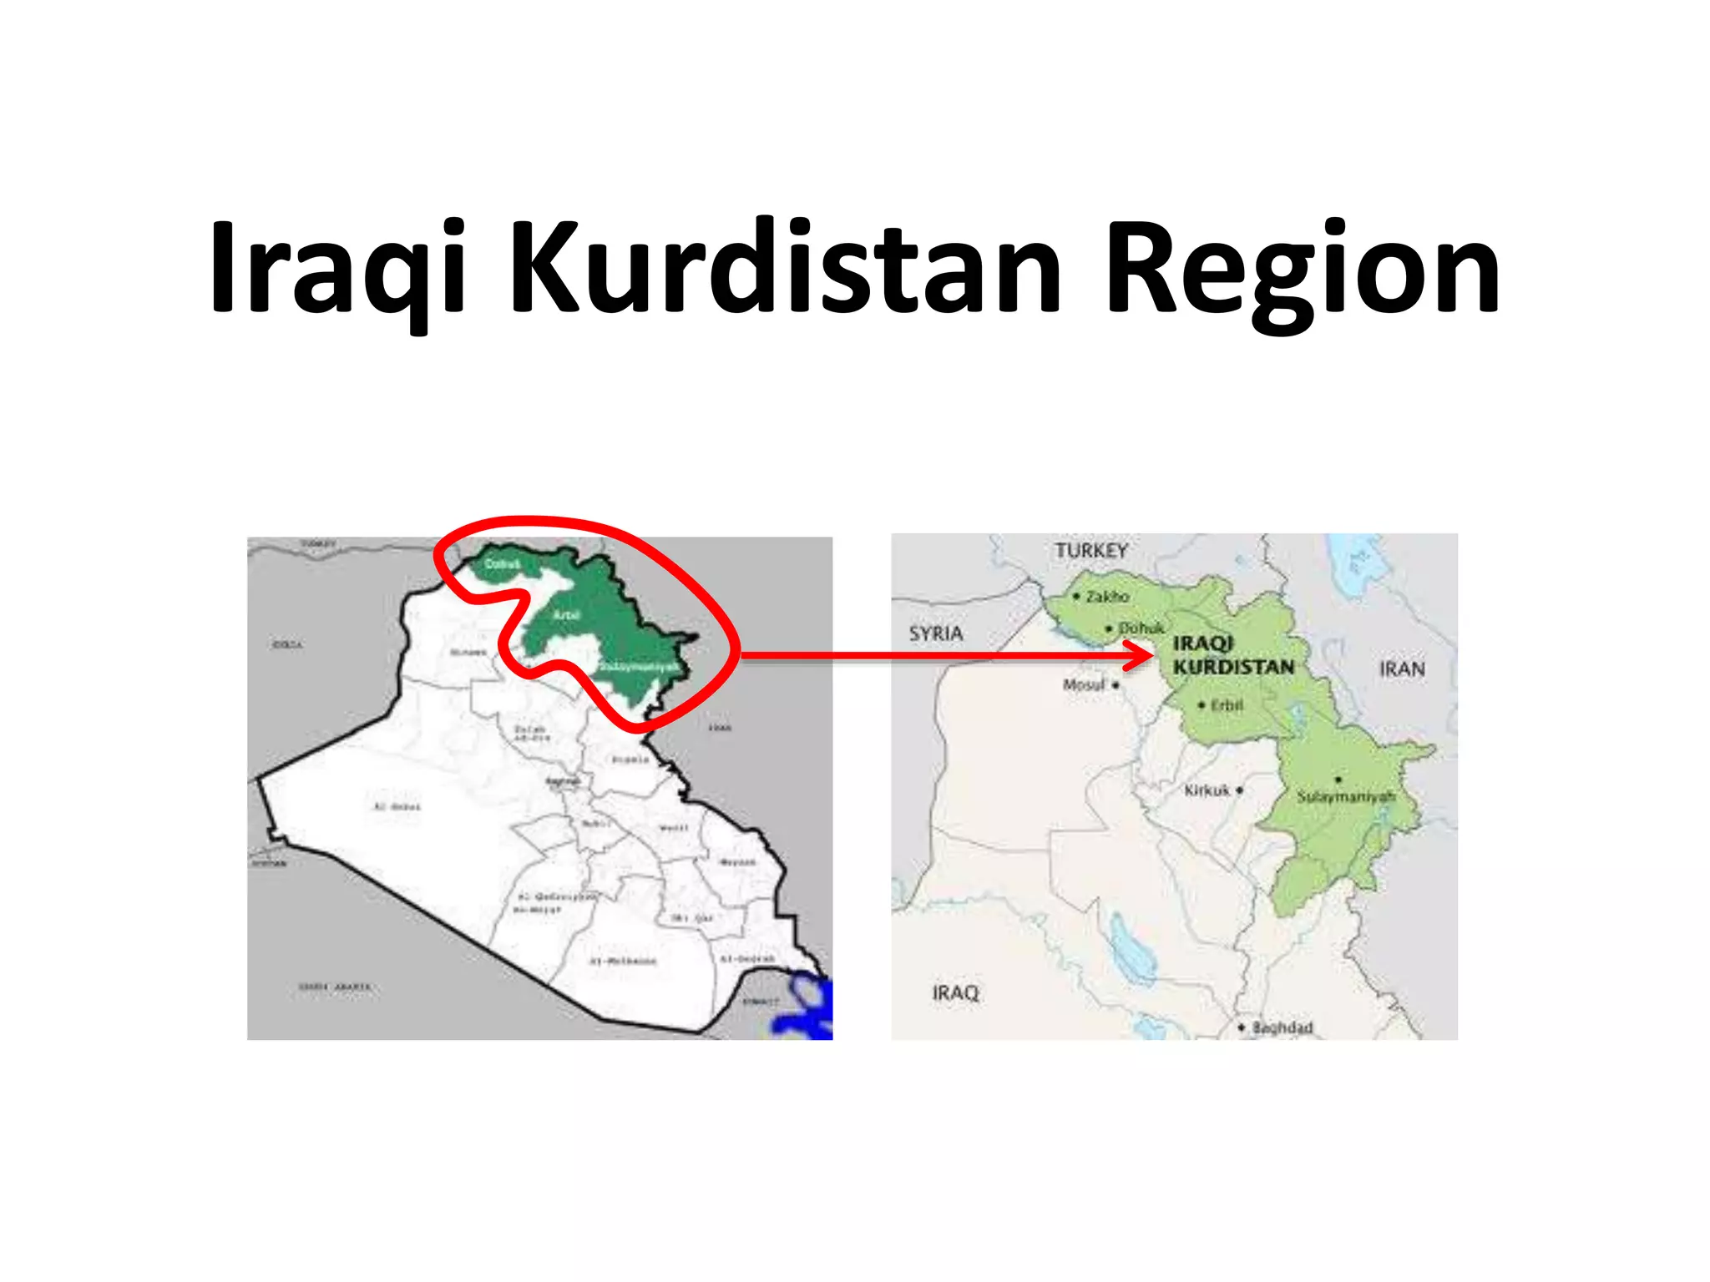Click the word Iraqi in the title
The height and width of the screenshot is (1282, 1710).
(x=337, y=269)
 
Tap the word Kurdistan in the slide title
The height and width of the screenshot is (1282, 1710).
(x=785, y=269)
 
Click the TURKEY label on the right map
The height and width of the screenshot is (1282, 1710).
(x=1090, y=551)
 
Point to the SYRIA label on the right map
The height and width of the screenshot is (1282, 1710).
(x=936, y=633)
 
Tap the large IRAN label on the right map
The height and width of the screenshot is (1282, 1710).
(x=1402, y=669)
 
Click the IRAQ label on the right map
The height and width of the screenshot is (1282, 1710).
(x=955, y=992)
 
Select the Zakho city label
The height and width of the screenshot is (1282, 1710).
(x=1107, y=597)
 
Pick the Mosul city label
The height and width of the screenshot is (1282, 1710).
(x=1084, y=684)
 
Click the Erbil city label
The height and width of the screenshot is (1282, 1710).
(x=1227, y=705)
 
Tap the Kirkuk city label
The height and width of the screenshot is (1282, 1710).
(x=1207, y=790)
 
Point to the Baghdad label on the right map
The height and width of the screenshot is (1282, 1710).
(x=1282, y=1027)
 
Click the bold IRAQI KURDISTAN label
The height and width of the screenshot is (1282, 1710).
(x=1232, y=655)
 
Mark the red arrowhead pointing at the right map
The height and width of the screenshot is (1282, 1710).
(x=1141, y=655)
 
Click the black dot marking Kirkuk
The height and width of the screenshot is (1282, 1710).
(x=1240, y=790)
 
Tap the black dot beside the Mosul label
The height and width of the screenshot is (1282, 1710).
(x=1116, y=685)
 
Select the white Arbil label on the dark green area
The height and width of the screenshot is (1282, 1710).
(x=566, y=614)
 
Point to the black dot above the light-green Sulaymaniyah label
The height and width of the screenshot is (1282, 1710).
(x=1338, y=780)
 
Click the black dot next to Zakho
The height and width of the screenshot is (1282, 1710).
(x=1077, y=596)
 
